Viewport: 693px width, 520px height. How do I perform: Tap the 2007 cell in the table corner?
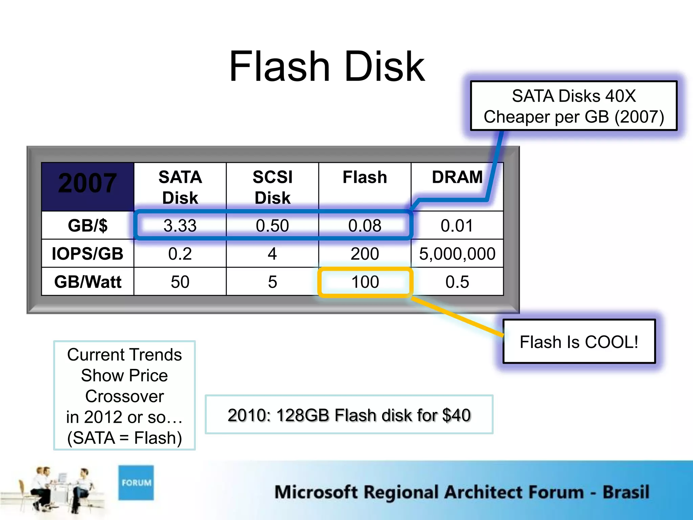[88, 183]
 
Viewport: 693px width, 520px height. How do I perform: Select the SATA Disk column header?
[180, 187]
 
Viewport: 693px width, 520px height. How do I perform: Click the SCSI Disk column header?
[272, 187]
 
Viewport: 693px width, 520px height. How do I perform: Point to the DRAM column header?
[457, 177]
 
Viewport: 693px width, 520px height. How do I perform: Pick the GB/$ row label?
[88, 225]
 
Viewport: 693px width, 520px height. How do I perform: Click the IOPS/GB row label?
[88, 254]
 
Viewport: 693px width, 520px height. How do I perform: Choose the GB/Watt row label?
[88, 282]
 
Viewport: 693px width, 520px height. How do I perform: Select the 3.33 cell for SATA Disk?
[180, 225]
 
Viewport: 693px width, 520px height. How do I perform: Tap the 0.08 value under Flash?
[365, 225]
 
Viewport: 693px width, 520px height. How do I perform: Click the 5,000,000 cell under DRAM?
[457, 254]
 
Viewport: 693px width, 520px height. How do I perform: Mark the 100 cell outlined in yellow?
[365, 282]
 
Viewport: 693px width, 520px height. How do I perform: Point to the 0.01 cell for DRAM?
[457, 225]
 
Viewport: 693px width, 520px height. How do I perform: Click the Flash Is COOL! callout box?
[579, 342]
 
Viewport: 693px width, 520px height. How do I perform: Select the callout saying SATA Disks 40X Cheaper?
[574, 106]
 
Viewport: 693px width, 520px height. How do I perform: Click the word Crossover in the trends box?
[125, 396]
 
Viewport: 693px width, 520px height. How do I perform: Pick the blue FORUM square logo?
[136, 482]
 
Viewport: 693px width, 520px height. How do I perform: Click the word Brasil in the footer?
[626, 492]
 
